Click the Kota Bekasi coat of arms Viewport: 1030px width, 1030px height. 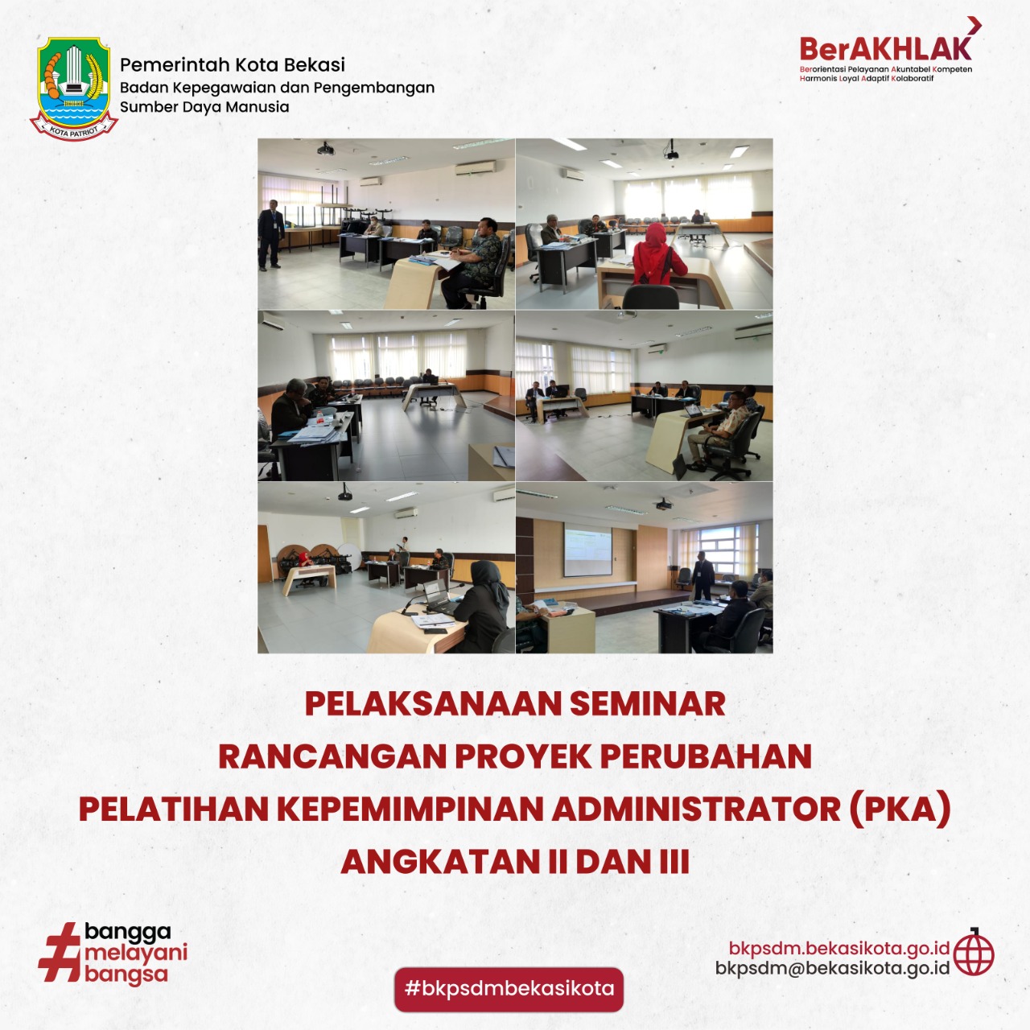tap(74, 88)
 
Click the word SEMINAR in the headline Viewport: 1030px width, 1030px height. tap(647, 704)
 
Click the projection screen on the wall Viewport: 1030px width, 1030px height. tap(588, 552)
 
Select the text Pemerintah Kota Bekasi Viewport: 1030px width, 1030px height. tap(232, 64)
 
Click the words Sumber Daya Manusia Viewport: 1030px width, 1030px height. tap(204, 107)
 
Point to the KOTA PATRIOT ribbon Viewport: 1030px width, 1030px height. tap(74, 128)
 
